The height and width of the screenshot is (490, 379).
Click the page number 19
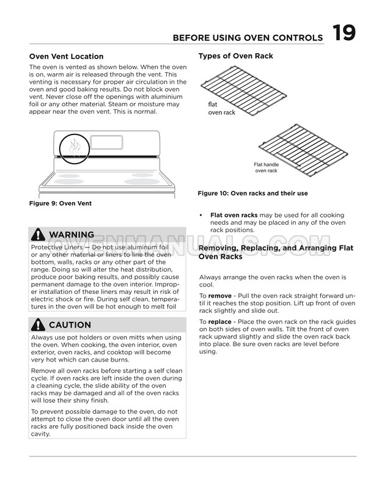tap(344, 33)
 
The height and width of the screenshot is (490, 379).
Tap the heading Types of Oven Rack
tap(235, 56)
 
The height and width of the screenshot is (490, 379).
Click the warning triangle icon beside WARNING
tap(39, 235)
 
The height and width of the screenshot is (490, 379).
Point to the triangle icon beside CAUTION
tap(39, 324)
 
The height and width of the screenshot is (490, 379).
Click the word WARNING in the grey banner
tap(72, 235)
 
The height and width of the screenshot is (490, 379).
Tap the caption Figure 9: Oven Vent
tap(61, 203)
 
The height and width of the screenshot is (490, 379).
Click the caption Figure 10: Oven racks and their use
tap(252, 194)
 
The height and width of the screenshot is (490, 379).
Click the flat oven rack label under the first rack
tap(221, 109)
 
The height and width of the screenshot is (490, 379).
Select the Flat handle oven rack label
tap(266, 167)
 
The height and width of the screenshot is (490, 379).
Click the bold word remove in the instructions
tap(219, 296)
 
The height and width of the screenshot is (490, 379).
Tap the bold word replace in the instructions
tap(220, 321)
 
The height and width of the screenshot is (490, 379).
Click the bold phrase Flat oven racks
tap(234, 215)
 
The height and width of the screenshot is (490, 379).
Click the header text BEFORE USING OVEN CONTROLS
tap(248, 38)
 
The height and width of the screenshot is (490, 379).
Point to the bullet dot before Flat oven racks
tap(201, 216)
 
